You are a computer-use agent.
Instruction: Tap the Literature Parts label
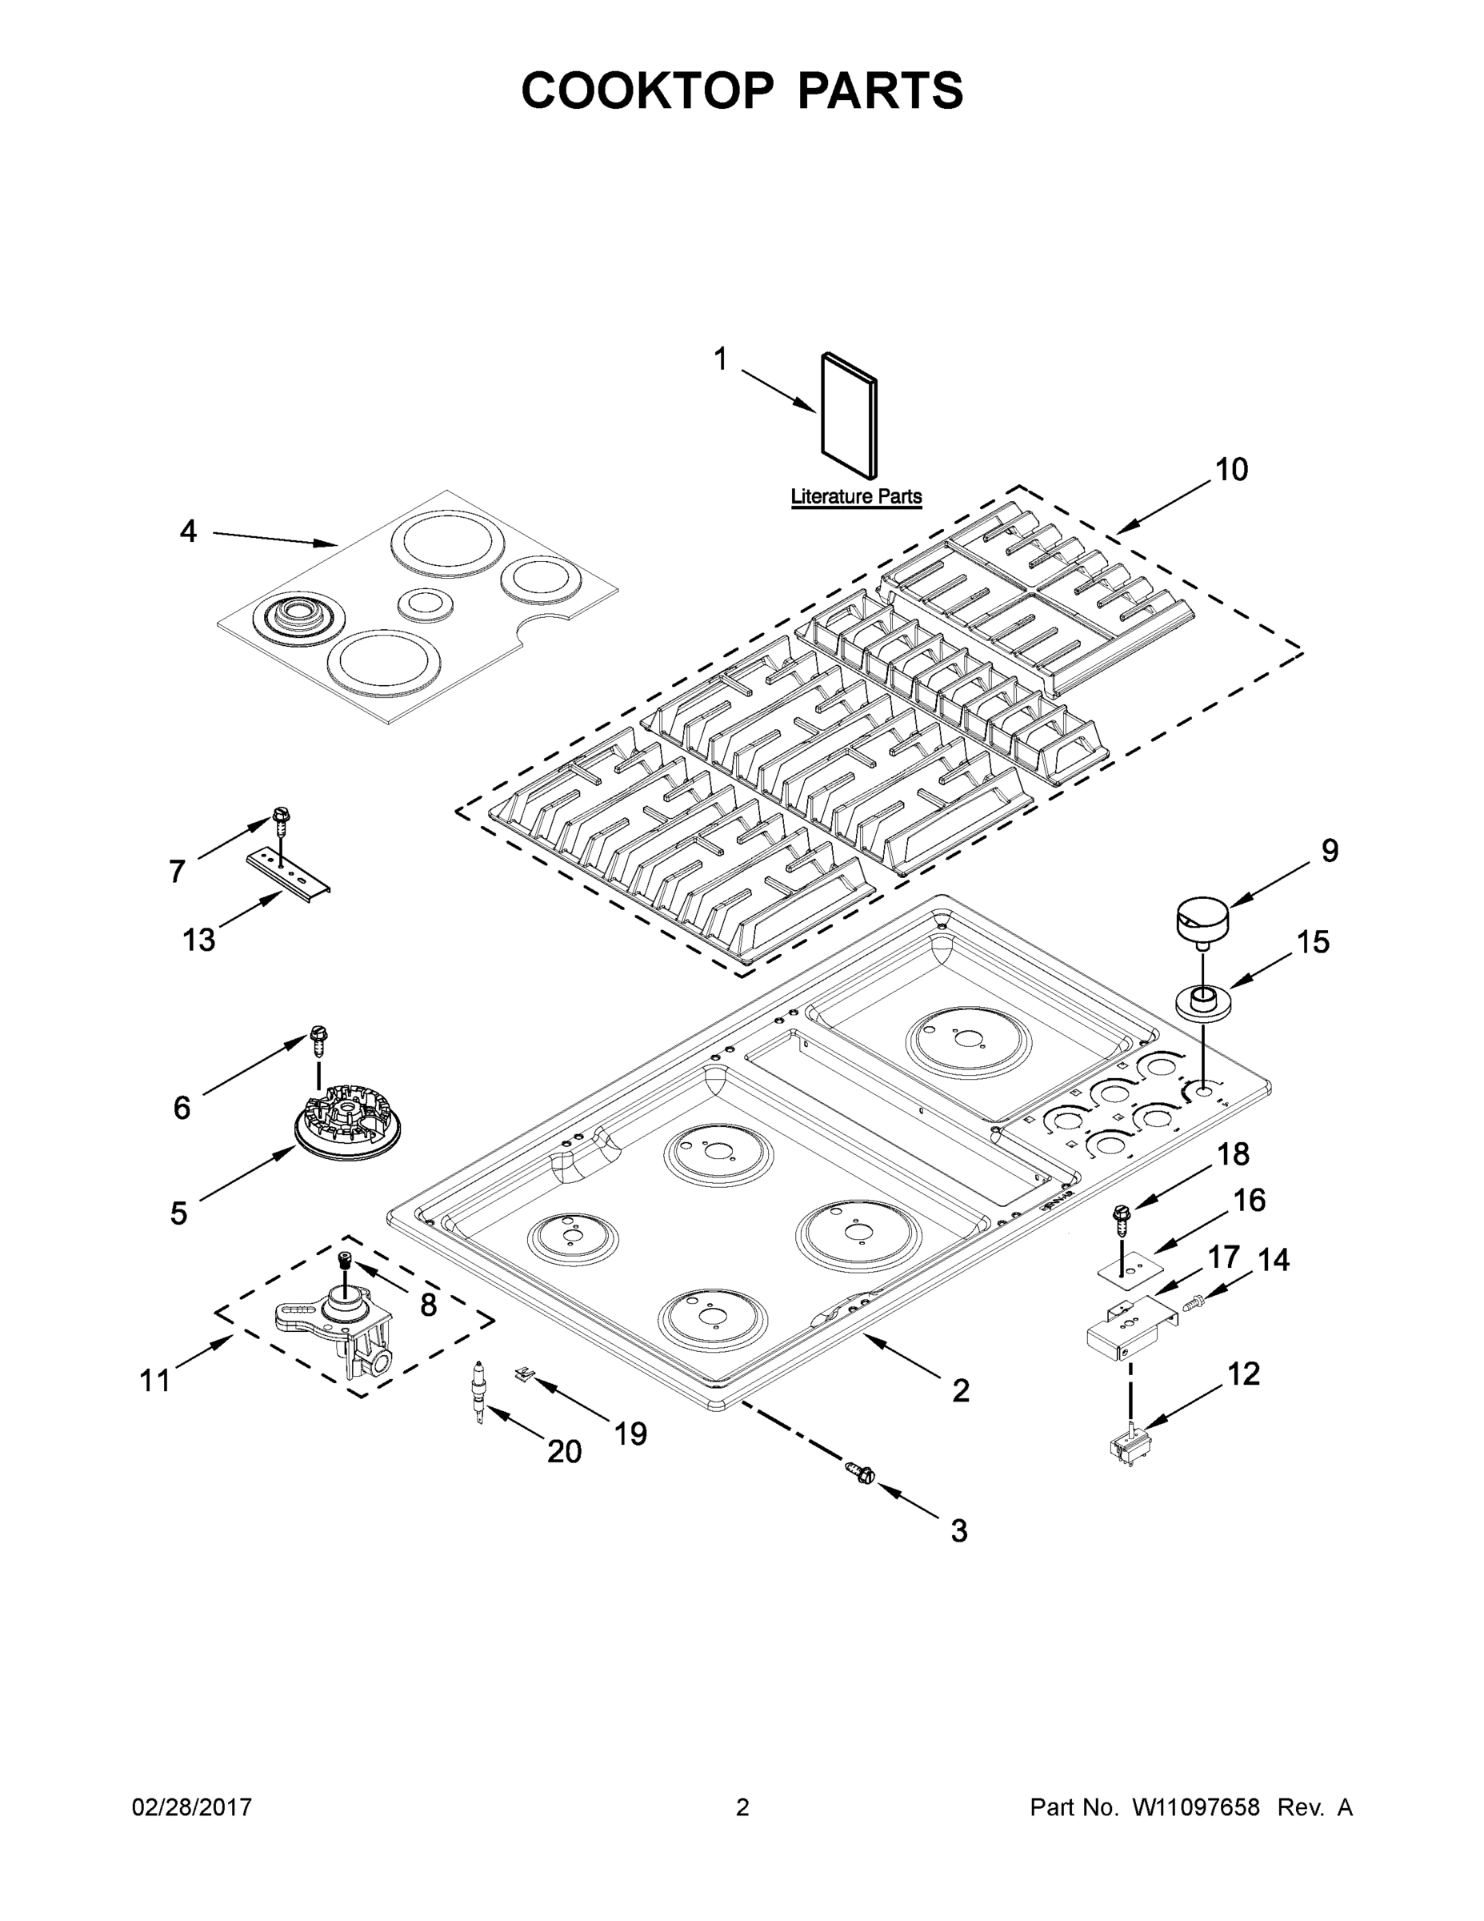(855, 496)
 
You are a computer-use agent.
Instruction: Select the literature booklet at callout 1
(848, 416)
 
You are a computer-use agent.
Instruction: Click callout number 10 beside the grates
(1231, 470)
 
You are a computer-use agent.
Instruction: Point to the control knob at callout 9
(1202, 920)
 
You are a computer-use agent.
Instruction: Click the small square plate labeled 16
(1128, 1268)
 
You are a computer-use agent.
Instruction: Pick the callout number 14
(1272, 1261)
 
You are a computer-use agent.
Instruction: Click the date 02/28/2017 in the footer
(192, 1807)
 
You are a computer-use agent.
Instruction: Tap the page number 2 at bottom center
(742, 1807)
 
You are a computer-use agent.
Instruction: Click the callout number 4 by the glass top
(188, 531)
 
